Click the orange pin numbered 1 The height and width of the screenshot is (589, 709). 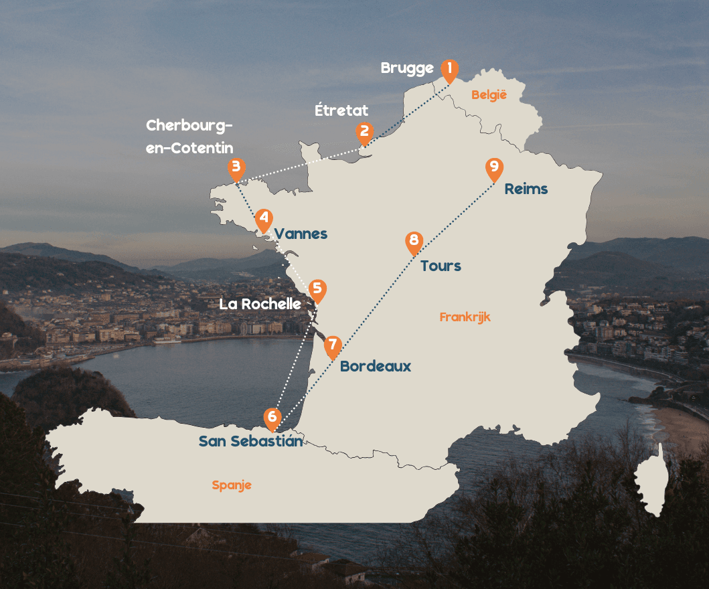(449, 69)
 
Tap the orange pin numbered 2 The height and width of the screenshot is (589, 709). (364, 132)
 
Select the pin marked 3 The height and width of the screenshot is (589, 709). (236, 167)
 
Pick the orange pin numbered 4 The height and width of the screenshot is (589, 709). (264, 219)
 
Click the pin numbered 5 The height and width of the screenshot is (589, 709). (317, 289)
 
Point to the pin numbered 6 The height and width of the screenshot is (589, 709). (272, 417)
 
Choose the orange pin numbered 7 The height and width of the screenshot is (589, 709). (333, 345)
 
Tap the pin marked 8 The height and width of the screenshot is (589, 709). (414, 241)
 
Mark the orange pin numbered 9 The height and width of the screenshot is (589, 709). (494, 167)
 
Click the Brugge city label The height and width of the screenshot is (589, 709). (407, 68)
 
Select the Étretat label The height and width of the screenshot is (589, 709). (341, 110)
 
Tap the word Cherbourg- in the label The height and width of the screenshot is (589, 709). (189, 126)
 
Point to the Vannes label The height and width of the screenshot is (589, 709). (301, 234)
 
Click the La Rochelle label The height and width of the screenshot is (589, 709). (260, 304)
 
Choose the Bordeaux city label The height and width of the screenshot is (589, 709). (376, 367)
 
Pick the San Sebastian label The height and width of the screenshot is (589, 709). (250, 441)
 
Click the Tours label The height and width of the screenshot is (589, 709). (441, 266)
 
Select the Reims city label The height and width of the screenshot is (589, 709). (526, 189)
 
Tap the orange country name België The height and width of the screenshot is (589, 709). (489, 95)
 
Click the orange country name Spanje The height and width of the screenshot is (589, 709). (232, 485)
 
